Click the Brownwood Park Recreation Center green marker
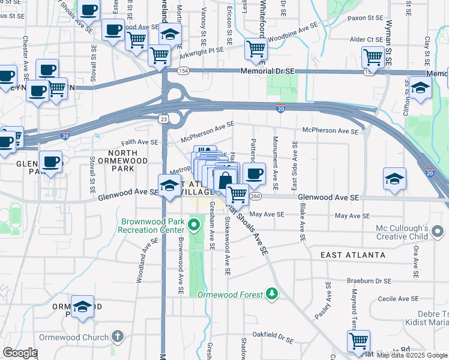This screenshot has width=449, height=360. (x=193, y=226)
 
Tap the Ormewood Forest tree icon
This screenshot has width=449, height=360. (x=273, y=294)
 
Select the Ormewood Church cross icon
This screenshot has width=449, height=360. (x=118, y=337)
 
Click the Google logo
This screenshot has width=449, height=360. (x=20, y=353)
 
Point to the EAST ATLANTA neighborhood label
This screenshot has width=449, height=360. (x=353, y=255)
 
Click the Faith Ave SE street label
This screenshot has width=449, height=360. (x=139, y=142)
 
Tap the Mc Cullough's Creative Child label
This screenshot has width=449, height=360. (x=402, y=232)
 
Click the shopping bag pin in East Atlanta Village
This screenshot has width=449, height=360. (x=224, y=180)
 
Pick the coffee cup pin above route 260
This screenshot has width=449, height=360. (x=254, y=174)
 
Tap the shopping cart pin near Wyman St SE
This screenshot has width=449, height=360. (x=373, y=58)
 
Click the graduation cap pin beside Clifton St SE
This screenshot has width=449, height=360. (x=420, y=88)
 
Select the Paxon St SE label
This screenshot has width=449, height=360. (x=366, y=19)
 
